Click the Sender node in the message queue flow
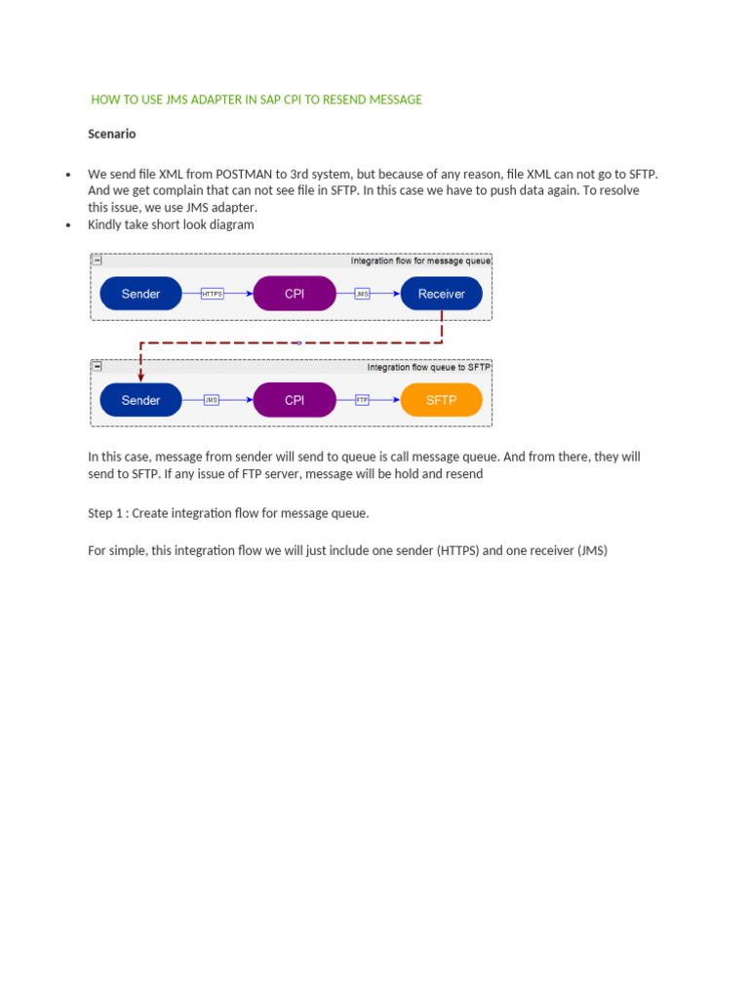point(140,294)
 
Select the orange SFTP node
point(441,400)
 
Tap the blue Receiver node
point(441,294)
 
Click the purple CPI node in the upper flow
point(295,294)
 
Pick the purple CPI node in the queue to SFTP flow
point(295,400)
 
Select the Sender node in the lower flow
point(140,400)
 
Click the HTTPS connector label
point(212,294)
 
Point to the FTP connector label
point(362,400)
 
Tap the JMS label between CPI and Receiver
point(362,294)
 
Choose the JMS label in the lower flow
point(212,400)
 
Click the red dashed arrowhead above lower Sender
point(140,376)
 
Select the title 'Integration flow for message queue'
point(420,261)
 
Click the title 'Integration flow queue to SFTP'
point(428,368)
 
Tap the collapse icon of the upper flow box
point(98,260)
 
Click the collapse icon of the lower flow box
point(98,367)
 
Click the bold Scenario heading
point(111,134)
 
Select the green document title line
point(256,100)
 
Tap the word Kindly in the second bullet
point(106,224)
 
